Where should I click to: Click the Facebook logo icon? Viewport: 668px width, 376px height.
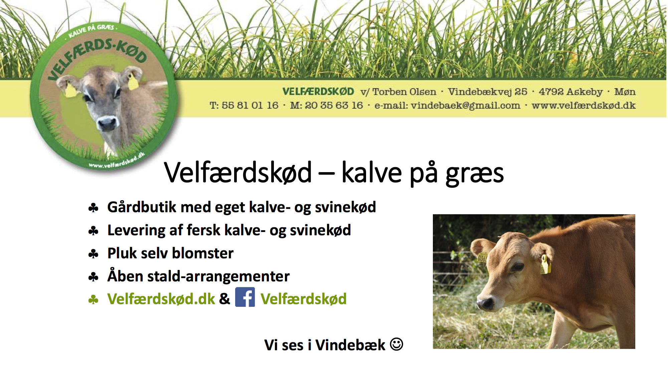(245, 297)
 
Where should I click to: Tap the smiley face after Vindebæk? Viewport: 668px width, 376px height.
(396, 344)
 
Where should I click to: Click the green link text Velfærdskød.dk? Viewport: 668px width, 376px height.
(161, 299)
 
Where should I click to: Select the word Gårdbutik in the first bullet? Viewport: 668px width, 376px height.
(142, 207)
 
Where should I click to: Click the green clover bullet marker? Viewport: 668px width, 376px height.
(93, 299)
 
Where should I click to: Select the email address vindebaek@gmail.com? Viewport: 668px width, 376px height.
(465, 106)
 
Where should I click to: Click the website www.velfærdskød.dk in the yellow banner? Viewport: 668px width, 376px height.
(583, 106)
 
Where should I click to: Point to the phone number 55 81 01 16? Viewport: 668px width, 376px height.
(250, 105)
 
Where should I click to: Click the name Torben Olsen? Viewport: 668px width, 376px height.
(404, 92)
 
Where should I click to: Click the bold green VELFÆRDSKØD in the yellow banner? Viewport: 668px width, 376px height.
(318, 92)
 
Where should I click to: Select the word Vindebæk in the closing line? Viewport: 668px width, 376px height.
(350, 345)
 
